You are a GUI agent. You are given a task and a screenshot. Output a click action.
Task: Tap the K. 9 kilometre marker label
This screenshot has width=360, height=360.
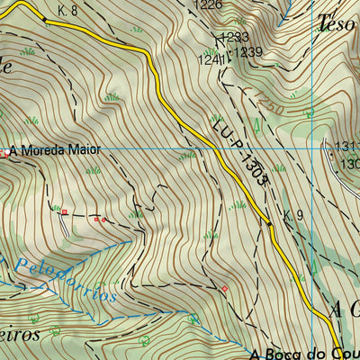coord(292,215)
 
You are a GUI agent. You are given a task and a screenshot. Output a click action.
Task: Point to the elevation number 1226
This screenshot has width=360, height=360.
coord(208,5)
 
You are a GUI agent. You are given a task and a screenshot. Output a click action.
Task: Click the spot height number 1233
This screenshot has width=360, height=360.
coord(235,37)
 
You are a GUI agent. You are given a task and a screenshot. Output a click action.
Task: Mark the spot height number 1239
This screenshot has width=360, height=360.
coord(247,53)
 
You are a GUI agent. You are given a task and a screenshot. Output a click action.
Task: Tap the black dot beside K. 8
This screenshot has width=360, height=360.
coord(45,18)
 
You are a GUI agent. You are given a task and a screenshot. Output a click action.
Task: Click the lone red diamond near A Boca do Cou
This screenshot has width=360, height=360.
coord(224,288)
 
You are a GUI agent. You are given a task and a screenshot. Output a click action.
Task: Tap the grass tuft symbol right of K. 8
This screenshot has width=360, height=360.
coord(137,30)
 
